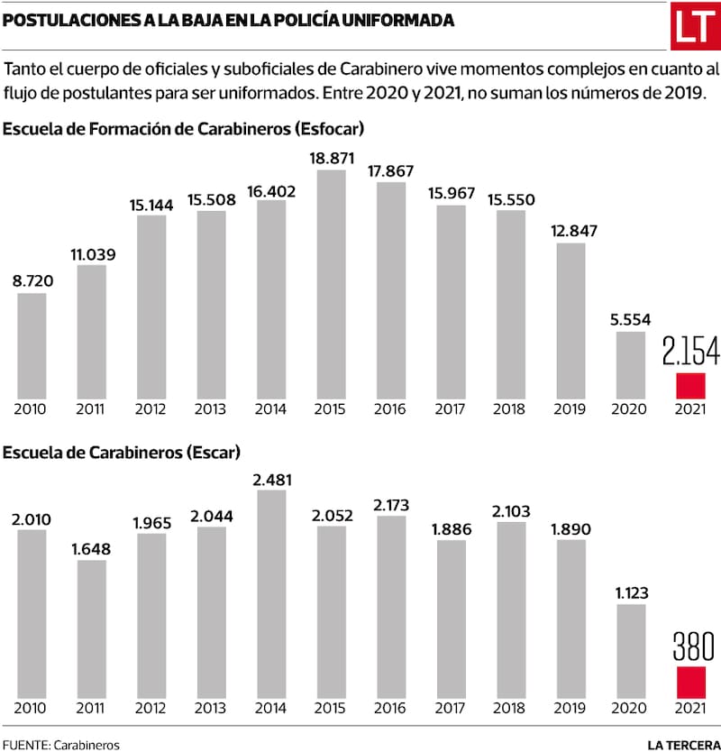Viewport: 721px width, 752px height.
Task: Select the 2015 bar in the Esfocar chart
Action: pos(331,284)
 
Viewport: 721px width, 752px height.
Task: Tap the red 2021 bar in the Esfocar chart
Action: pos(689,385)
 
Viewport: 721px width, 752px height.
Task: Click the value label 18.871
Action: pos(331,159)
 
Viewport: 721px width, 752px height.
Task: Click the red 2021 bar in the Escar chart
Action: pos(689,683)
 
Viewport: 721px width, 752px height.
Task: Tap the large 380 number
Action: pos(690,647)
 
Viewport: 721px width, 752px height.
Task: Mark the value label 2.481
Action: pos(271,479)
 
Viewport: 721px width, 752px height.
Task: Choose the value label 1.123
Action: pos(631,592)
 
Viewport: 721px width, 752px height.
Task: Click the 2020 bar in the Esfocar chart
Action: pos(630,365)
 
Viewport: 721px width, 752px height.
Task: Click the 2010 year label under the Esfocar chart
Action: pos(32,409)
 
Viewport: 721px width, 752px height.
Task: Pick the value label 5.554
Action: pos(631,320)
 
